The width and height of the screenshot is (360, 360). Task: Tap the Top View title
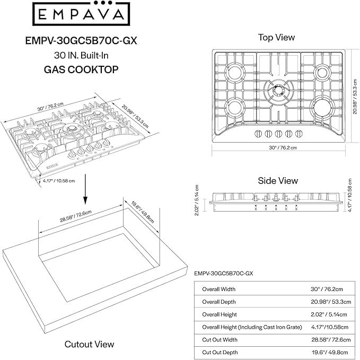(x=276, y=37)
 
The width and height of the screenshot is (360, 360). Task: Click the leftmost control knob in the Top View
(x=257, y=132)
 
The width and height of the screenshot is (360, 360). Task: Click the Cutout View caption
(x=89, y=344)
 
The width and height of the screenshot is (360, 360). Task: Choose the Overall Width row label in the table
(x=218, y=289)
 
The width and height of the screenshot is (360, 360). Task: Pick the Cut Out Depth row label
(x=220, y=352)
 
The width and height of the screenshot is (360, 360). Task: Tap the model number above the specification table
(x=223, y=274)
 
